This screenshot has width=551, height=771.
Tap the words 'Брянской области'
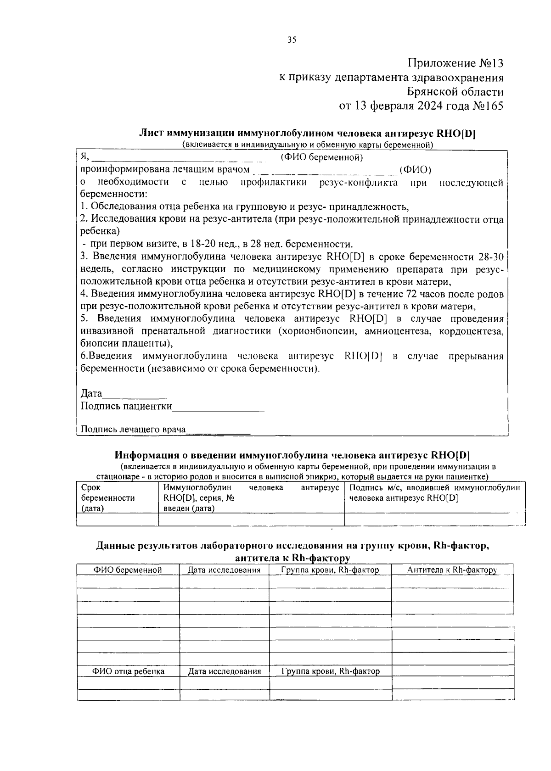455,92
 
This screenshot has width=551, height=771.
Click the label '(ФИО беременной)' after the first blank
322,158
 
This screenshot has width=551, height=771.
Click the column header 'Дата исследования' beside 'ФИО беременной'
224,570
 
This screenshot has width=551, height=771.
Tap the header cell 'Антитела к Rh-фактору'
452,570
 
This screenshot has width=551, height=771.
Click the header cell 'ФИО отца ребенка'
129,671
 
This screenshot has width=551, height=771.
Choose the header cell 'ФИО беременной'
128,570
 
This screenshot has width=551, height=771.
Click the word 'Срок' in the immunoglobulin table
90,488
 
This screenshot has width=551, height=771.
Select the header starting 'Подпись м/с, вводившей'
434,488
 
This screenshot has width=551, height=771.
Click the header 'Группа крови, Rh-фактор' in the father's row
331,671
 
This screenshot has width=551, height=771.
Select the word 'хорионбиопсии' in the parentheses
317,331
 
